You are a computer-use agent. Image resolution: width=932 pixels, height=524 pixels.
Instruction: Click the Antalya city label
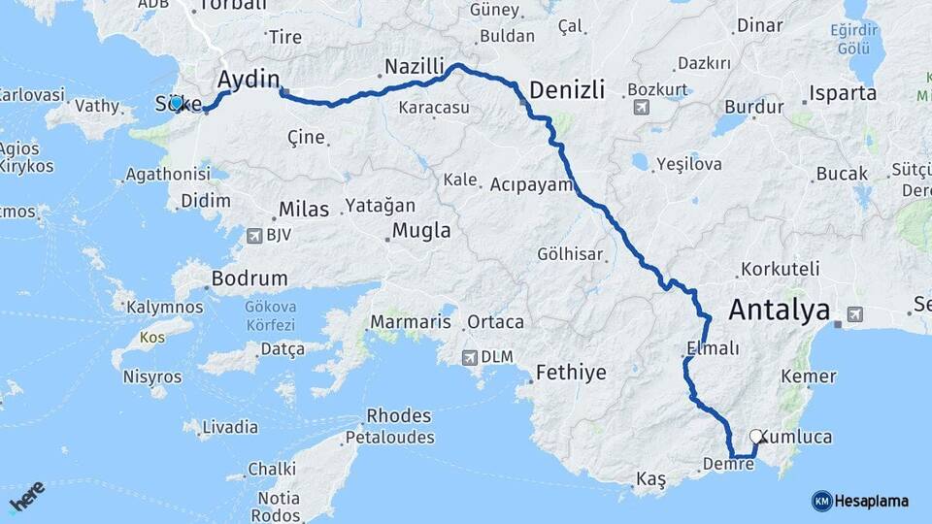(779, 311)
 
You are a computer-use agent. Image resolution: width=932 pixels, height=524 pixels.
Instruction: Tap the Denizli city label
(567, 90)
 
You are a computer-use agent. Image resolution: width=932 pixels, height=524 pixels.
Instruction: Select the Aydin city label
(250, 79)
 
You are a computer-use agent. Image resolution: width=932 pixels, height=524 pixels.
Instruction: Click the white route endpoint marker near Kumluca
(756, 437)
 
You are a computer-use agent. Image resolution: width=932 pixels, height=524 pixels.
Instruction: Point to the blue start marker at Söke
(177, 103)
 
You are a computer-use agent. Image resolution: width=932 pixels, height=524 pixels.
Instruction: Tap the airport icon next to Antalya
(854, 313)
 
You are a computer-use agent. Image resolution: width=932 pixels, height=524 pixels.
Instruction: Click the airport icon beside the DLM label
(471, 357)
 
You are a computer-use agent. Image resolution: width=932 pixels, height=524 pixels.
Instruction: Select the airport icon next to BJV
(255, 235)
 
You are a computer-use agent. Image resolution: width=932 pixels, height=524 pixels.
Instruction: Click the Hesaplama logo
(860, 501)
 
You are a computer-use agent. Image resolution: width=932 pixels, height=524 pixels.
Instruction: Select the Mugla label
(421, 231)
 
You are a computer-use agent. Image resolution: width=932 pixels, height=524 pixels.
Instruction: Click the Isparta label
(841, 94)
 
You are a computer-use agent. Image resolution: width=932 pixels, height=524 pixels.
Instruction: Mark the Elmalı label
(713, 348)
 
